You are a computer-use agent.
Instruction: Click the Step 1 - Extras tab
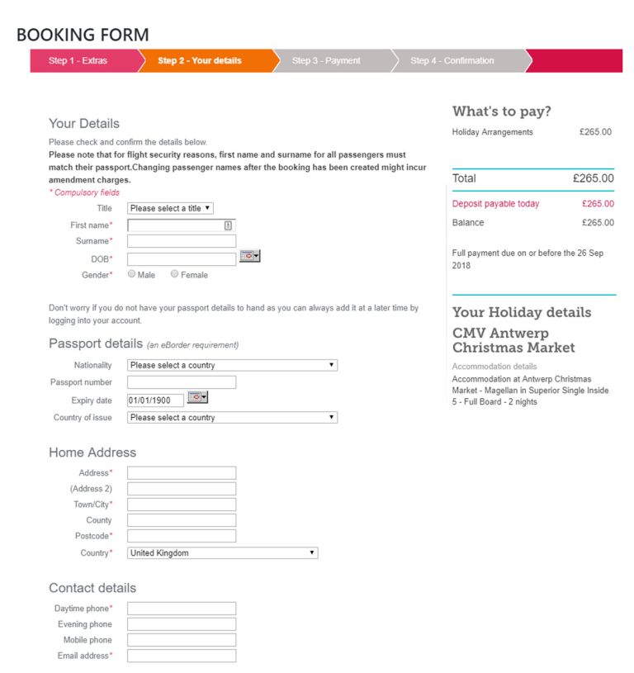click(x=78, y=60)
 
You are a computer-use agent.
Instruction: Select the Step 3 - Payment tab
click(x=326, y=60)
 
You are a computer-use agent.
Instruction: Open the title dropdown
click(x=170, y=209)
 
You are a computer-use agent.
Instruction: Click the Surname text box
click(x=181, y=241)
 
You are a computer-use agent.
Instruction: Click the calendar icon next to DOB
click(x=249, y=257)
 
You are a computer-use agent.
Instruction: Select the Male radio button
click(x=132, y=274)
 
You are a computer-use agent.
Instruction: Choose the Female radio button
click(x=175, y=274)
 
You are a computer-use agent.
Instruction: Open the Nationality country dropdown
click(x=232, y=365)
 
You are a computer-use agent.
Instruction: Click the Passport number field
click(x=181, y=382)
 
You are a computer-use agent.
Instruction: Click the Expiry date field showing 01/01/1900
click(x=155, y=400)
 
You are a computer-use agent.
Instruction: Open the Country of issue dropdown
click(x=232, y=418)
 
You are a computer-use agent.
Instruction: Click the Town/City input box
click(x=181, y=505)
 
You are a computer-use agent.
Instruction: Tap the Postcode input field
click(x=181, y=536)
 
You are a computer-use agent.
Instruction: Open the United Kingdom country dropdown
click(x=222, y=553)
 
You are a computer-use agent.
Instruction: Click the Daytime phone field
click(x=181, y=609)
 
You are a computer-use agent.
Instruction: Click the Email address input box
click(x=181, y=656)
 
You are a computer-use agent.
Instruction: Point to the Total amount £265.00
click(x=593, y=178)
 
